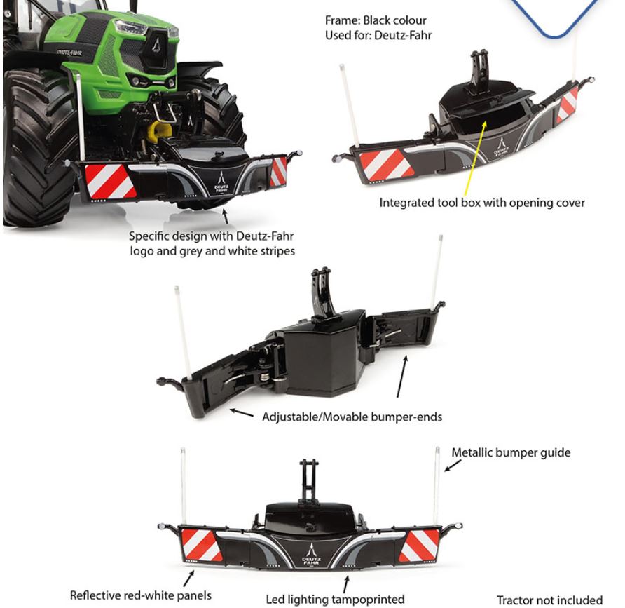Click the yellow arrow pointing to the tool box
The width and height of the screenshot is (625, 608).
point(475,158)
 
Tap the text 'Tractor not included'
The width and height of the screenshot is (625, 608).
point(549,600)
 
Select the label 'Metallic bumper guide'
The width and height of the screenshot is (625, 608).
point(511,452)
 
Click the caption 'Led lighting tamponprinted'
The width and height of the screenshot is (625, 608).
point(335,599)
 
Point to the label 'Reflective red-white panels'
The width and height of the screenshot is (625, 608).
point(140,595)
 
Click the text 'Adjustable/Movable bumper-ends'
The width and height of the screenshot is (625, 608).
point(352,417)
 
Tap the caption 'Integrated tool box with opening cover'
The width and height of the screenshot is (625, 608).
point(482,203)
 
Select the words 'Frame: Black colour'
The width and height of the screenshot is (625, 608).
point(376,20)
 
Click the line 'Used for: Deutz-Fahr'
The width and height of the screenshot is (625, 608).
point(378,35)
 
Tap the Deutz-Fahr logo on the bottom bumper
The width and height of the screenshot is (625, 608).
point(311,554)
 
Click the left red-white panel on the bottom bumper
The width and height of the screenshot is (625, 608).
point(201,544)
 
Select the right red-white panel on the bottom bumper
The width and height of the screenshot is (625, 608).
point(419,546)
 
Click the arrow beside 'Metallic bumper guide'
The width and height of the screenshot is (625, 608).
point(453,466)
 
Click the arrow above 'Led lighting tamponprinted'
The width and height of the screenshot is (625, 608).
point(346,584)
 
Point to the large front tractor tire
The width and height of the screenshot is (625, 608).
point(39,147)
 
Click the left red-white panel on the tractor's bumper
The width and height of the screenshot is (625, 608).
point(110,181)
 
